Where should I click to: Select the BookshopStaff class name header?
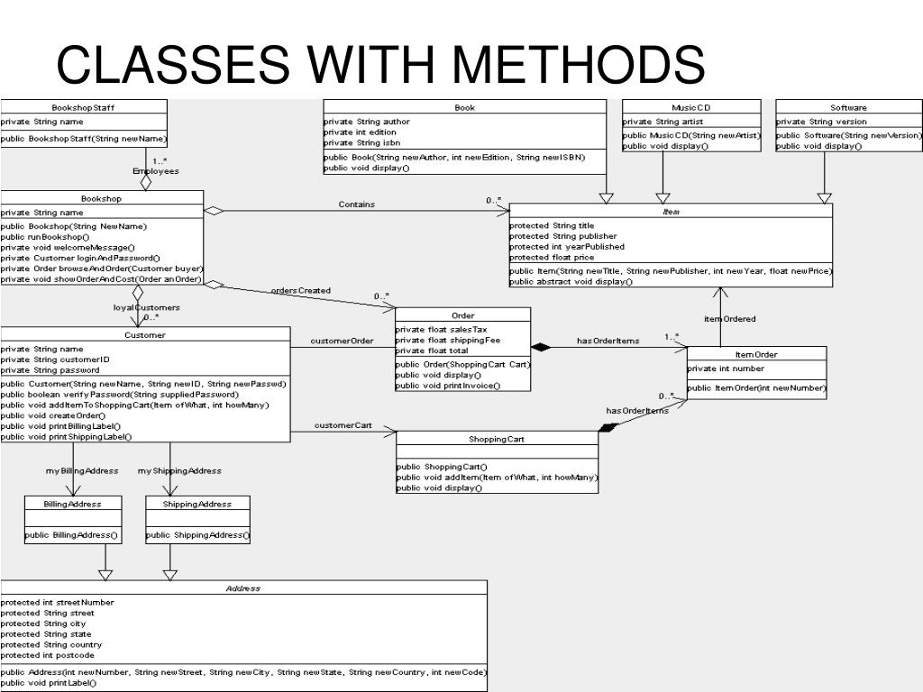tap(83, 107)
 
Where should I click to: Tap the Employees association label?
tap(156, 170)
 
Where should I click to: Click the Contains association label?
tap(357, 205)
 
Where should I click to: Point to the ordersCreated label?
tap(301, 290)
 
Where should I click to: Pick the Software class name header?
tap(849, 107)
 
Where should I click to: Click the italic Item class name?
tap(672, 212)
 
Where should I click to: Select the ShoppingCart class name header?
tap(496, 439)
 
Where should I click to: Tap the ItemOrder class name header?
tap(756, 354)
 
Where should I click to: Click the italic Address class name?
tap(243, 588)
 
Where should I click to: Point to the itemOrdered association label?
tap(730, 319)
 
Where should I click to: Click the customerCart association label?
tap(343, 425)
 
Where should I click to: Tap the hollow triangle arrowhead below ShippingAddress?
tap(170, 574)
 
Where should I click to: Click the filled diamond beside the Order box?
tap(541, 347)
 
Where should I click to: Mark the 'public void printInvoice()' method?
tap(448, 386)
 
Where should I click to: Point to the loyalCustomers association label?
tap(146, 307)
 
